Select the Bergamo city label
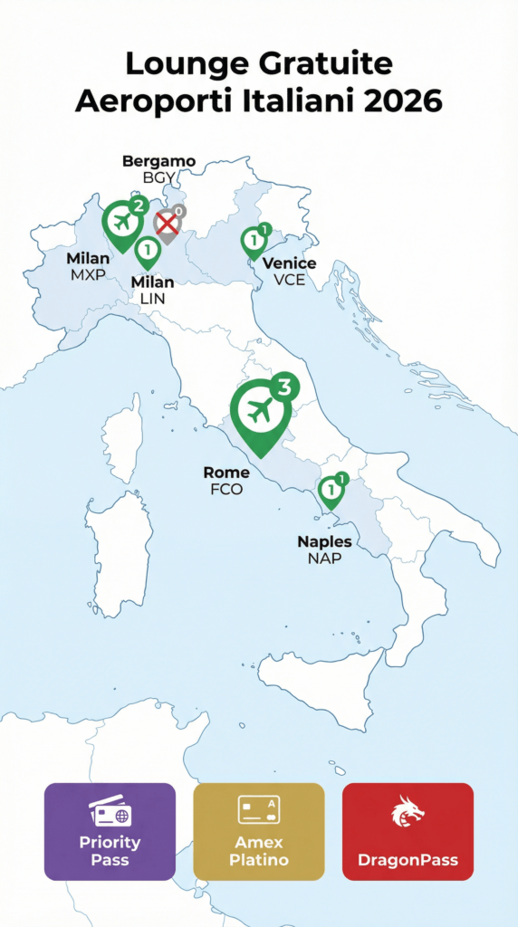pyautogui.click(x=158, y=161)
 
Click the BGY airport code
pyautogui.click(x=158, y=177)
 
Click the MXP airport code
pyautogui.click(x=88, y=274)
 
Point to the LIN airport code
pyautogui.click(x=152, y=298)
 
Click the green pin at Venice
pyautogui.click(x=254, y=242)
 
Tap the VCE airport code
pyautogui.click(x=289, y=279)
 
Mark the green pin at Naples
pyautogui.click(x=331, y=492)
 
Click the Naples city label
pyautogui.click(x=324, y=542)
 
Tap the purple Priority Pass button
pyautogui.click(x=110, y=831)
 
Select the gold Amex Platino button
pyautogui.click(x=259, y=831)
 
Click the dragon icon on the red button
pyautogui.click(x=408, y=811)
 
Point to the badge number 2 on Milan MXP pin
pyautogui.click(x=138, y=206)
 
